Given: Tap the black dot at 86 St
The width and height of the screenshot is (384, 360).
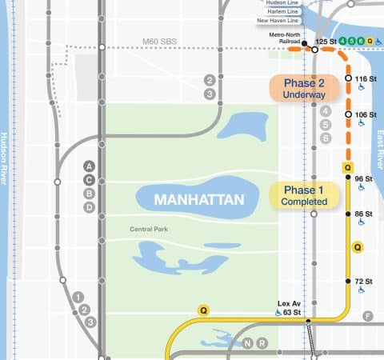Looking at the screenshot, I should pos(348,214).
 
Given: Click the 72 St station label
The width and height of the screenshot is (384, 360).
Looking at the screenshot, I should pos(365,282).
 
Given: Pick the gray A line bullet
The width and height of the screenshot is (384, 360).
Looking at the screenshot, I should pos(90,166).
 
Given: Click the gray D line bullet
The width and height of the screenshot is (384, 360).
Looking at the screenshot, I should pos(90,207).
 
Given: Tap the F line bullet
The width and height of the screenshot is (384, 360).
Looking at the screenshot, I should pos(368,317).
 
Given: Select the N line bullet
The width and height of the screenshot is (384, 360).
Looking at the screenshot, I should pos(248,343).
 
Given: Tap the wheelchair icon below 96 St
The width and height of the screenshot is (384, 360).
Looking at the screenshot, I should pos(362,188).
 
